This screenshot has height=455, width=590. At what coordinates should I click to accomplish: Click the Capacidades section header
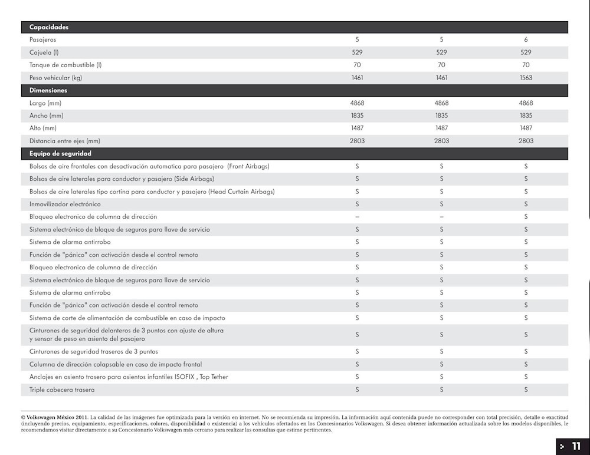[49, 27]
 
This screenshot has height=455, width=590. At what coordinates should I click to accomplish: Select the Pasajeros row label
[43, 39]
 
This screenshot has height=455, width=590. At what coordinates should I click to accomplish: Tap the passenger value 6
[526, 39]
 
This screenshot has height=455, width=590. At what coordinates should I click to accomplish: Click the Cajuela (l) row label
[44, 52]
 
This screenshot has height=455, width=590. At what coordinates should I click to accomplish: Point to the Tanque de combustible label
[65, 65]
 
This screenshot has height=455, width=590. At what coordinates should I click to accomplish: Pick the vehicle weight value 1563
[526, 78]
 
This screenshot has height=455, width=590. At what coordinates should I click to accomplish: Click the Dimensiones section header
[48, 90]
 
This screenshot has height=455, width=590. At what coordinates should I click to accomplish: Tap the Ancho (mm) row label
[47, 116]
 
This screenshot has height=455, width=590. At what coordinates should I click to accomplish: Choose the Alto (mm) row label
[43, 128]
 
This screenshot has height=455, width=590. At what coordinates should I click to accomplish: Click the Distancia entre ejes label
[65, 141]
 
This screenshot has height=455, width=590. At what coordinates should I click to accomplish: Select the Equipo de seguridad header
[60, 153]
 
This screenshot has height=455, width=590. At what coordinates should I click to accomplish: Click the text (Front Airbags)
[248, 166]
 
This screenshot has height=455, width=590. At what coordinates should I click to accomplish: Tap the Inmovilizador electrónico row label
[65, 204]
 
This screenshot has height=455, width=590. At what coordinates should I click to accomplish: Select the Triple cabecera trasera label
[62, 390]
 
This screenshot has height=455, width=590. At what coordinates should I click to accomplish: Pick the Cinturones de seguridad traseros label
[94, 351]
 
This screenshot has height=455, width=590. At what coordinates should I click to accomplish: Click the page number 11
[576, 446]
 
